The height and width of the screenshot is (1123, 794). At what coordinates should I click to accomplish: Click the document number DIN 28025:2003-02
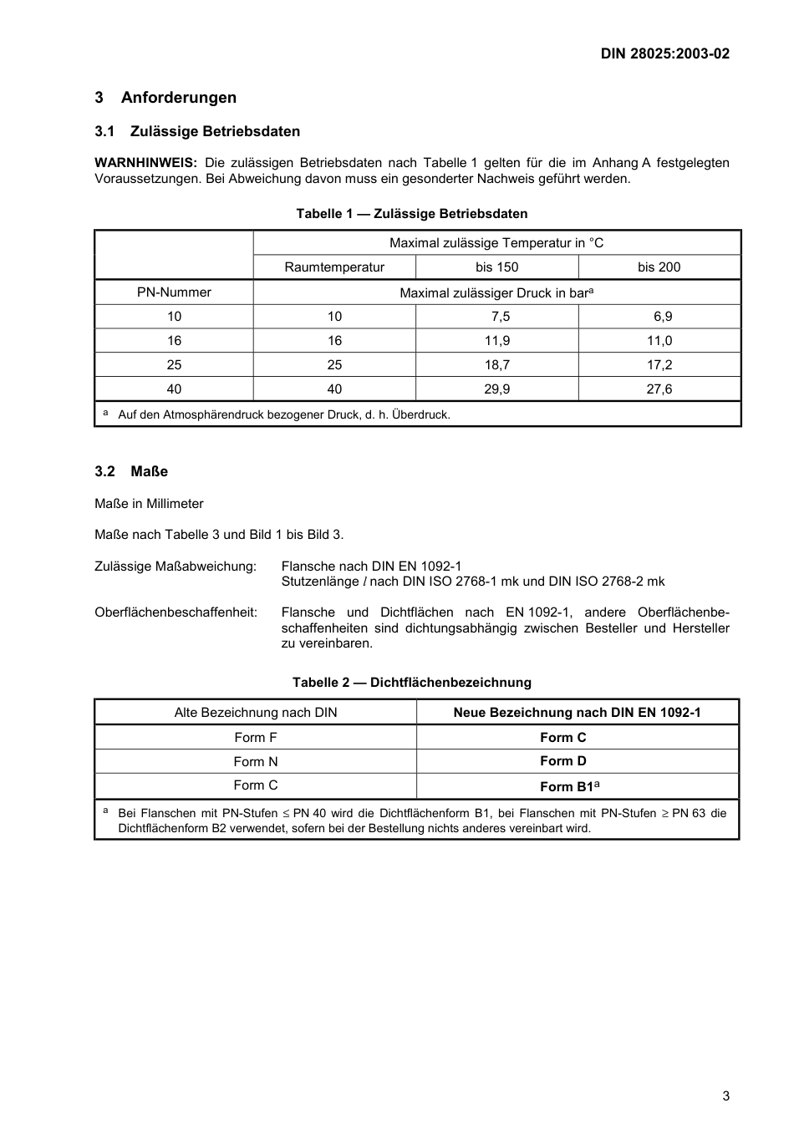pyautogui.click(x=664, y=53)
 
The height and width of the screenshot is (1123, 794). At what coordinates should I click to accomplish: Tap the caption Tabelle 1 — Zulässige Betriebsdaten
pyautogui.click(x=411, y=214)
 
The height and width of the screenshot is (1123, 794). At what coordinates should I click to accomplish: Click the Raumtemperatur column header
pyautogui.click(x=334, y=267)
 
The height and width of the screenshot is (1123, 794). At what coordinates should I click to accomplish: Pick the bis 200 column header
pyautogui.click(x=659, y=267)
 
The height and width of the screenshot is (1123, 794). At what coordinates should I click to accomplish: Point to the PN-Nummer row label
pyautogui.click(x=174, y=292)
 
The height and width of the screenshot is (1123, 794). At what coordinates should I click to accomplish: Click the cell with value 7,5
pyautogui.click(x=496, y=317)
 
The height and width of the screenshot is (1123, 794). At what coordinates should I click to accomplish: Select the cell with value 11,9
pyautogui.click(x=496, y=341)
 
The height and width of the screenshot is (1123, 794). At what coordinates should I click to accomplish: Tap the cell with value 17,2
pyautogui.click(x=659, y=365)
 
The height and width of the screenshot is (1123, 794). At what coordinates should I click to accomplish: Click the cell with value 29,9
pyautogui.click(x=496, y=389)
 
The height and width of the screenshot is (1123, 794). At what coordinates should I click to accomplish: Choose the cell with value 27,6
pyautogui.click(x=659, y=389)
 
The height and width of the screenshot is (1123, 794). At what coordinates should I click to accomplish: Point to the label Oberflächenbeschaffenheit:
pyautogui.click(x=176, y=612)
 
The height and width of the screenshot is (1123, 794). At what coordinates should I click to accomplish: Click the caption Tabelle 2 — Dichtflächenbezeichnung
pyautogui.click(x=411, y=683)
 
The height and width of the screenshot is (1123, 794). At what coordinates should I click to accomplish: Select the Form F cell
pyautogui.click(x=255, y=738)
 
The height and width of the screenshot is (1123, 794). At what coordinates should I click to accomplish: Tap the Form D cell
pyautogui.click(x=562, y=761)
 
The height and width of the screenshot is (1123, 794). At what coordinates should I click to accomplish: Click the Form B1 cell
pyautogui.click(x=569, y=786)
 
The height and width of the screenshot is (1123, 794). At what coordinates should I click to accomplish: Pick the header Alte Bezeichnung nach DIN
pyautogui.click(x=255, y=713)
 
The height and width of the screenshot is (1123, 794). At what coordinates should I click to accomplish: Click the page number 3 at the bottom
pyautogui.click(x=725, y=1096)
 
